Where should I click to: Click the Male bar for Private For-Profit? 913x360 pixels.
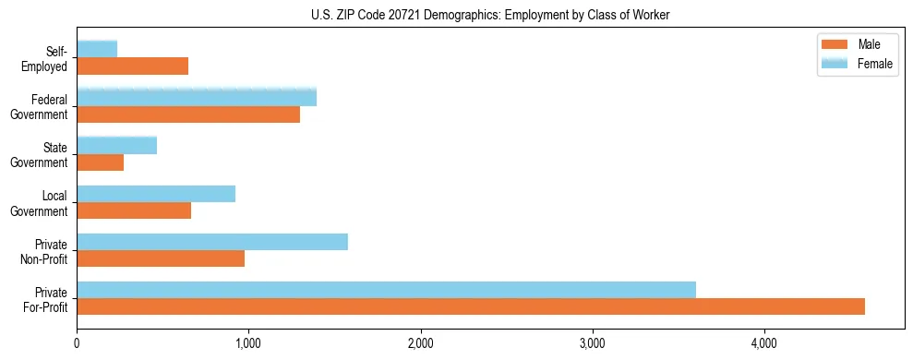point(471,306)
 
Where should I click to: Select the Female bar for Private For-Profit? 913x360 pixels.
point(386,290)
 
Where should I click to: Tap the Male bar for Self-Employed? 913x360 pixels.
point(133,66)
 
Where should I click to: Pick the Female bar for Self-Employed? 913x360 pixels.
point(97,49)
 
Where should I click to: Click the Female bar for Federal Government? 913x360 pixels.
point(197,98)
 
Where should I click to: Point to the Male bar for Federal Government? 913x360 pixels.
point(188,114)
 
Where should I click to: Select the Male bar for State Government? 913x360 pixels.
point(101,162)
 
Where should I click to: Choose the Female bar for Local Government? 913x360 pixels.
point(156,194)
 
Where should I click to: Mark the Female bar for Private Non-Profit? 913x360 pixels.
point(212,242)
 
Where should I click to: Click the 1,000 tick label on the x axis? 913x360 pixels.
point(248,343)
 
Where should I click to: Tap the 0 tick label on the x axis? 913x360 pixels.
point(77,343)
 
